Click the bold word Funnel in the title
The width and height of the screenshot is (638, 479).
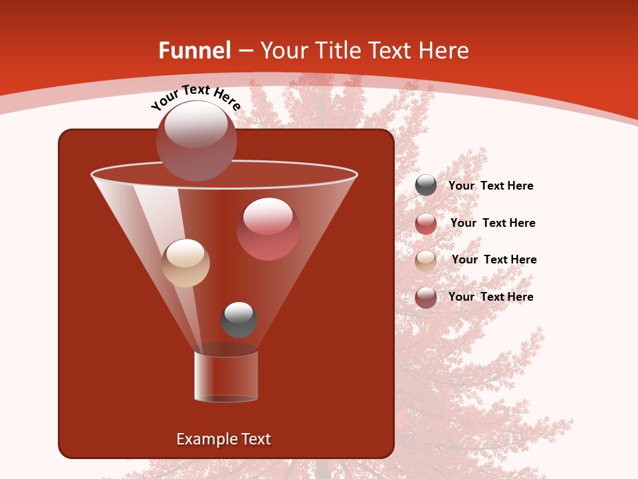point(194,51)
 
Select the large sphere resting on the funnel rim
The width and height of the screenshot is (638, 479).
point(197,142)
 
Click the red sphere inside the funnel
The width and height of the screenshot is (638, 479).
point(268,230)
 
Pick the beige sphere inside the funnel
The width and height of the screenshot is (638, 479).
point(186,263)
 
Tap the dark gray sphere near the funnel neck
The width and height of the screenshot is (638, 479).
point(239,319)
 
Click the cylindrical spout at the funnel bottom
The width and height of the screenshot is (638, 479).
point(226,376)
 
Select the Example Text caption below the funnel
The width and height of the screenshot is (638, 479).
point(223,439)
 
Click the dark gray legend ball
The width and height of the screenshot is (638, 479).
point(426,186)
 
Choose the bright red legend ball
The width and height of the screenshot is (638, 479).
point(426,224)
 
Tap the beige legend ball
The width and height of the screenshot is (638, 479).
point(426,261)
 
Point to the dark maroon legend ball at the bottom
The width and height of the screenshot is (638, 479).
point(426,297)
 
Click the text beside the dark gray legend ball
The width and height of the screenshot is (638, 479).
point(490,186)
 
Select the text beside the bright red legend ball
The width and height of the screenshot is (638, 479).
point(492,223)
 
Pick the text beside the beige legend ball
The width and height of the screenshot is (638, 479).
point(494,259)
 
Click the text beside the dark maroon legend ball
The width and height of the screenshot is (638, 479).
point(490,297)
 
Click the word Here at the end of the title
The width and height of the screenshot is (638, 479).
point(445,51)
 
